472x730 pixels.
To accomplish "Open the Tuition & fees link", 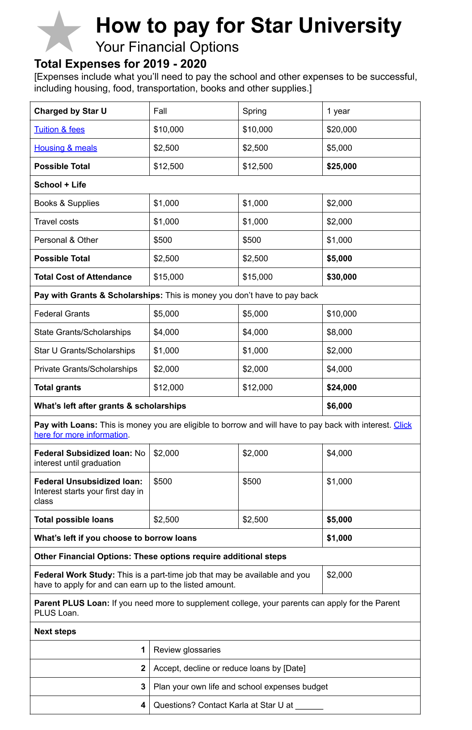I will click(x=59, y=130).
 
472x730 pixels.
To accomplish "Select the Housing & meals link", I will click(x=66, y=148).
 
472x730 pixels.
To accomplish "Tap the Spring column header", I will click(x=254, y=111).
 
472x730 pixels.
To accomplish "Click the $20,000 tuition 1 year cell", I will click(x=341, y=130).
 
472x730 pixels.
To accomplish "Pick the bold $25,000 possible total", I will click(x=341, y=166).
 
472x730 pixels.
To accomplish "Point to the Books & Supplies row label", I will click(x=67, y=203).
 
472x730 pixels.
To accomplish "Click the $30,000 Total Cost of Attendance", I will click(x=341, y=277).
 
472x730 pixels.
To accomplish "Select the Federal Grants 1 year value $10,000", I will click(x=341, y=314).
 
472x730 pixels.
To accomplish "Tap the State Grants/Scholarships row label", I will click(x=82, y=332).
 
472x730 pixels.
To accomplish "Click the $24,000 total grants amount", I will click(x=341, y=387).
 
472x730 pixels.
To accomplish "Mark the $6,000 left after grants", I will click(x=339, y=406).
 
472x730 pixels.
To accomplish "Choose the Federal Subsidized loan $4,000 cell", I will click(x=339, y=453).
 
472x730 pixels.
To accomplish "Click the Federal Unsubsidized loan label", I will click(x=88, y=482).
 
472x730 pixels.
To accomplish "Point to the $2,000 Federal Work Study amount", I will click(x=339, y=575).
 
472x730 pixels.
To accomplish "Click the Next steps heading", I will click(x=55, y=632).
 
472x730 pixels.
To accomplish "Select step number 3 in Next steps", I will click(x=143, y=687).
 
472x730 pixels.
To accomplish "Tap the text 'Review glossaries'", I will click(x=187, y=650).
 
